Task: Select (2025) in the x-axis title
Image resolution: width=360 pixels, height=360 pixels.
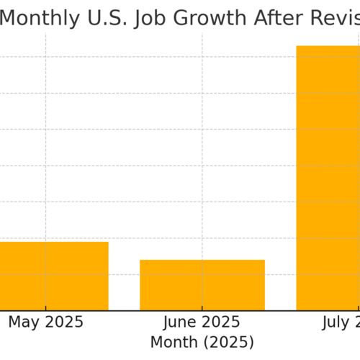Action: [x=228, y=341]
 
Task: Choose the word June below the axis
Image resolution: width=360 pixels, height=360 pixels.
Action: [x=181, y=322]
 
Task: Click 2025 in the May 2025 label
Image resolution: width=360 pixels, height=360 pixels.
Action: [x=64, y=322]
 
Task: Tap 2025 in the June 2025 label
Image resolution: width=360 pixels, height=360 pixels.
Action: [x=221, y=322]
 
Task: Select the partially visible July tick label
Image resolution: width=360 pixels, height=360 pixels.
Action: [x=341, y=322]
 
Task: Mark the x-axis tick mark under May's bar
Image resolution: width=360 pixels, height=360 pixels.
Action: [x=46, y=313]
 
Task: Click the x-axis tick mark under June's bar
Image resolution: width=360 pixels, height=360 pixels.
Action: [x=202, y=313]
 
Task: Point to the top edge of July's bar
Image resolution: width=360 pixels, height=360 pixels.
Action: [x=328, y=46]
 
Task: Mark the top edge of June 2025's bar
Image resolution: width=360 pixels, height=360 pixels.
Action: [x=202, y=260]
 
